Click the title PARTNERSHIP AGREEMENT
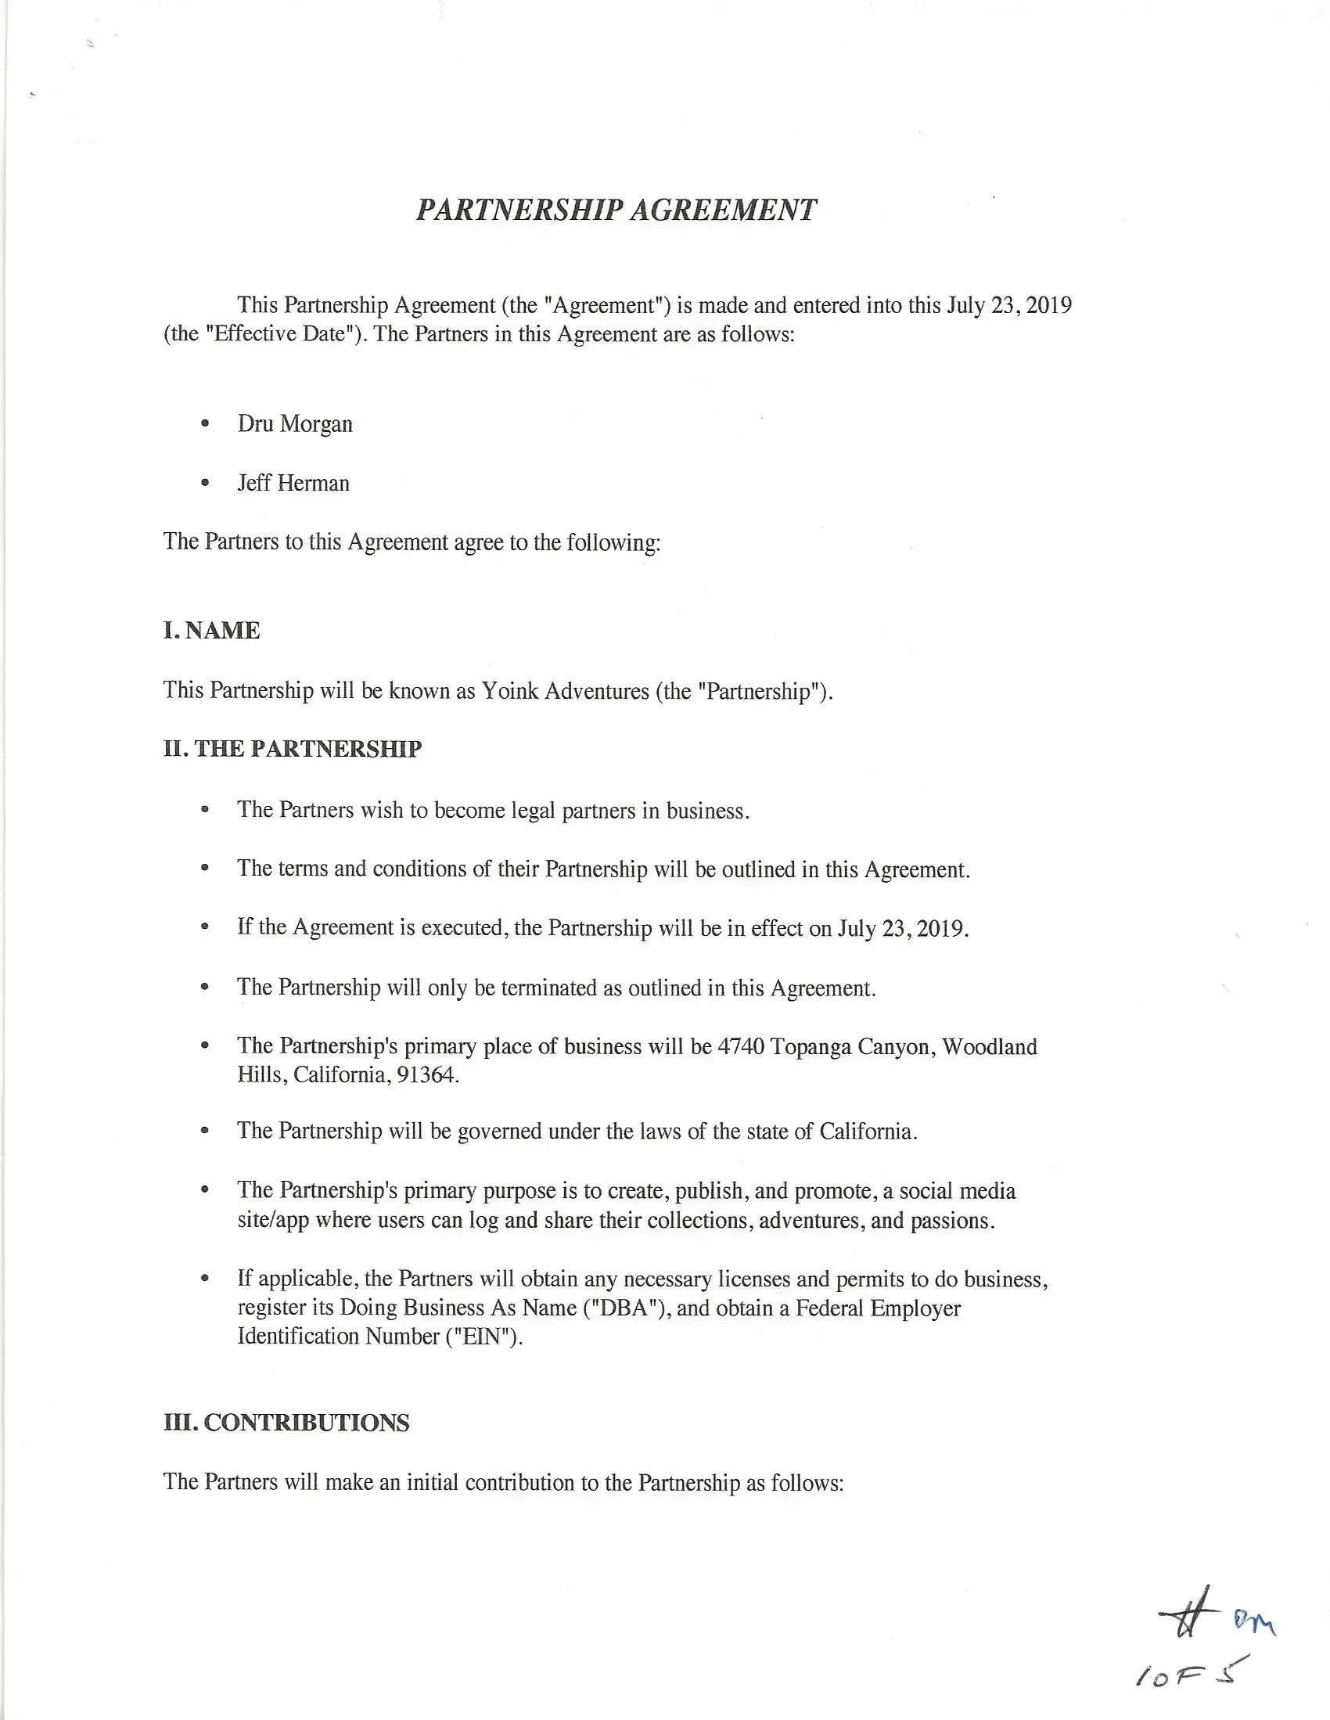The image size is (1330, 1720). [x=616, y=211]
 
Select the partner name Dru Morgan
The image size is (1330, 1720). [x=294, y=424]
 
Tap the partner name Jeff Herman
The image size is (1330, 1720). [x=293, y=483]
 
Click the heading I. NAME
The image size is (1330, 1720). [x=211, y=631]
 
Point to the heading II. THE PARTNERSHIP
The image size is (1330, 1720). [x=292, y=749]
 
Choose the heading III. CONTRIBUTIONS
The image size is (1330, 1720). [x=286, y=1423]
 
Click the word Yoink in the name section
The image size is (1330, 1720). [x=509, y=692]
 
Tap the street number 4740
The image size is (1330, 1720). [x=740, y=1047]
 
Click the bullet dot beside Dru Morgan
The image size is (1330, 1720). [x=205, y=424]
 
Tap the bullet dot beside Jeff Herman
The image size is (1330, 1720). [x=205, y=483]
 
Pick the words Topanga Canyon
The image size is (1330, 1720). [x=850, y=1047]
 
